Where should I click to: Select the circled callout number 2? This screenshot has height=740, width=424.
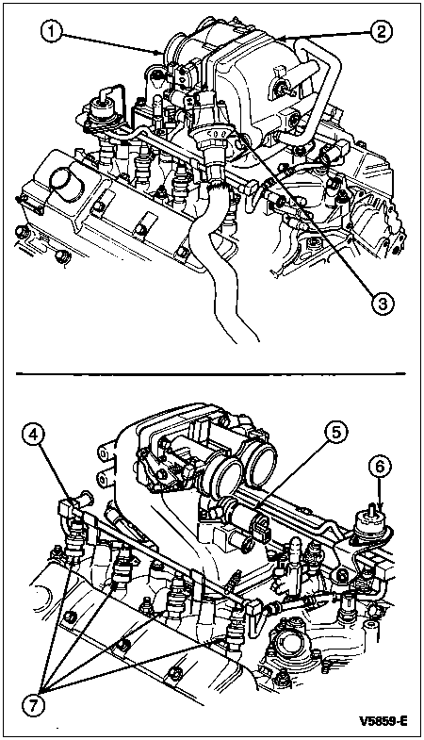pos(379,31)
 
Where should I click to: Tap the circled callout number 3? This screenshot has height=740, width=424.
pos(379,304)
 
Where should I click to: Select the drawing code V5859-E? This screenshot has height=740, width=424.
pos(383,721)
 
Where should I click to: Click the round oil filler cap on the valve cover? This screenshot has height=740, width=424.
pos(66,184)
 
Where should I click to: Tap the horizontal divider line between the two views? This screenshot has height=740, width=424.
pos(211,374)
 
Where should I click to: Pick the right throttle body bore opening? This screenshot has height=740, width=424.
pos(258,464)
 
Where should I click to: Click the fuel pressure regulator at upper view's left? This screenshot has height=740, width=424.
pos(102,113)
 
